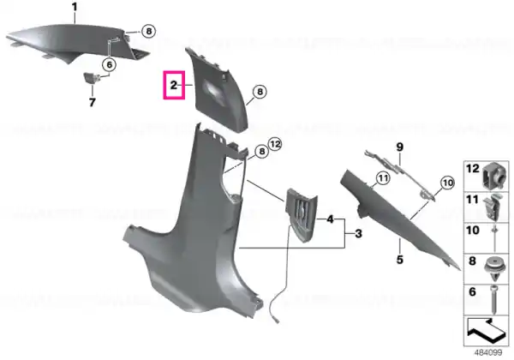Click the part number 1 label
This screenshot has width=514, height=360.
point(75,7)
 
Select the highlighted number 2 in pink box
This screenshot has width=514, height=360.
point(174,85)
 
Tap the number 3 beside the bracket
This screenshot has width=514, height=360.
point(359,234)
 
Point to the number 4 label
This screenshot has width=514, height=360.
point(330,219)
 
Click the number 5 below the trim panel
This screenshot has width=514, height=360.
point(400,260)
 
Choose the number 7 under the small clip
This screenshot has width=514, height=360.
point(93,102)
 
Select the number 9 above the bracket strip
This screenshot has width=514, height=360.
point(400,147)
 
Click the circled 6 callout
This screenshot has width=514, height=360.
point(109,64)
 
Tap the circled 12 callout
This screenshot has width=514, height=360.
point(275,144)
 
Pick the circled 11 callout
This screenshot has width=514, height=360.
point(383,178)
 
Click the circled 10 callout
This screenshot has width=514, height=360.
point(448,183)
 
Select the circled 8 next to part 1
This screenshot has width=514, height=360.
point(149,31)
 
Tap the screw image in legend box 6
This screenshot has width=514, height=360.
point(494,299)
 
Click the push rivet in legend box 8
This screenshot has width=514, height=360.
point(494,268)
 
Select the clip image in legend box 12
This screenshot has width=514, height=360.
point(494,176)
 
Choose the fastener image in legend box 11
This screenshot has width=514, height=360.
point(494,207)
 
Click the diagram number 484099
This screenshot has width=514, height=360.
point(488,353)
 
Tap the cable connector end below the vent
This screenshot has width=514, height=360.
point(276,320)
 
